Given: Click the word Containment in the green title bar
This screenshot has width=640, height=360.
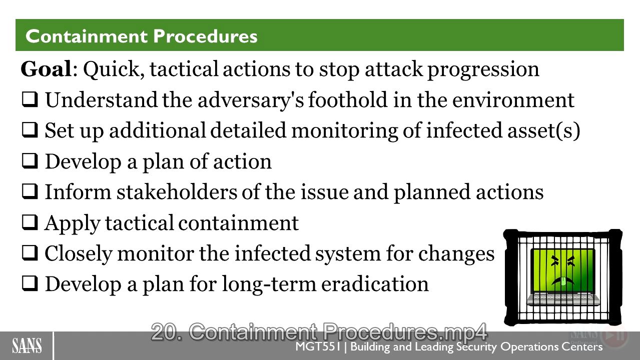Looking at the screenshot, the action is point(87,36).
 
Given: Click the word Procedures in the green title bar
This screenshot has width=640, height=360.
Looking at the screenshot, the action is point(206,36).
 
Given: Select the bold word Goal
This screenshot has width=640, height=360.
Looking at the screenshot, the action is point(46,69).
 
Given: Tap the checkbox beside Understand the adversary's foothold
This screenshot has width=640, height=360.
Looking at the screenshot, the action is point(30,99).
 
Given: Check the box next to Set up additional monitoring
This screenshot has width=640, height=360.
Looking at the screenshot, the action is point(30,130).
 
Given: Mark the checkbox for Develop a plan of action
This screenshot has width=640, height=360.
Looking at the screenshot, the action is point(30,160).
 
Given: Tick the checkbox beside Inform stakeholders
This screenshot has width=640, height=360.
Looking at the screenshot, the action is point(30,191).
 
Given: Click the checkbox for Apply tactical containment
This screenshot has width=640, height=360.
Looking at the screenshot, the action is point(30,222).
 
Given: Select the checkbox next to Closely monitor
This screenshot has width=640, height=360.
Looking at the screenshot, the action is point(30,253).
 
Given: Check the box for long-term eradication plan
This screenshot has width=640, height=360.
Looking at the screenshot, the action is point(30,283).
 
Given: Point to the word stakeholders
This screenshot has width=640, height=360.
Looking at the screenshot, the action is point(177,192).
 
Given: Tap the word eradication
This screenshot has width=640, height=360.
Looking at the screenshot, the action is point(375,284).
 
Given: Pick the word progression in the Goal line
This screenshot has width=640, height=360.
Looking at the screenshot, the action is point(483,70).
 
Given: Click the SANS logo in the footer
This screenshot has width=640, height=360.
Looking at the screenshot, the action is point(27,345).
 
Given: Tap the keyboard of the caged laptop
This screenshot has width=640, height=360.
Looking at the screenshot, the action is point(562,299).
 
